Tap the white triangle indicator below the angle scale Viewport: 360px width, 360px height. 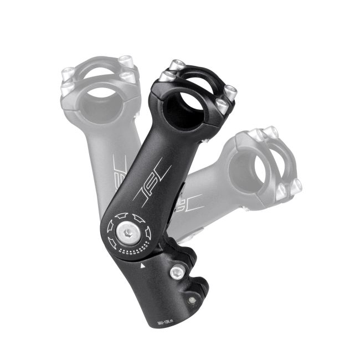click(143, 266)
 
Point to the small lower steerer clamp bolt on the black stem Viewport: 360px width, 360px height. click(192, 300)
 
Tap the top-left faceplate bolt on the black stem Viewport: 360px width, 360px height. click(165, 76)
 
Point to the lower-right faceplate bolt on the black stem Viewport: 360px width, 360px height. click(221, 107)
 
